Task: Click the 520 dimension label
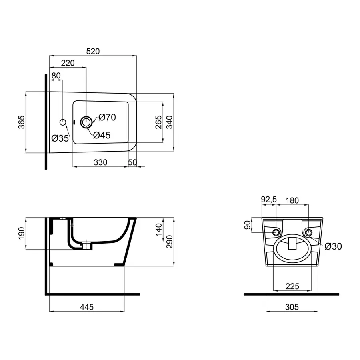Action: click(x=93, y=51)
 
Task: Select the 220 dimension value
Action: click(x=68, y=63)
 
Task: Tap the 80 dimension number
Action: click(x=56, y=76)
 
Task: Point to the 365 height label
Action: click(x=22, y=122)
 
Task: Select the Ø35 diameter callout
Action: click(x=60, y=138)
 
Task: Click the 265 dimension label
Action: click(x=158, y=122)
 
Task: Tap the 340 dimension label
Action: click(x=169, y=122)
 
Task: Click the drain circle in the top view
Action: click(x=86, y=122)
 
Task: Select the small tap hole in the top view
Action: click(x=63, y=122)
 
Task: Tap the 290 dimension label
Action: click(x=169, y=241)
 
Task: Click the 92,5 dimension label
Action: click(x=268, y=200)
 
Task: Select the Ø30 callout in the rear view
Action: click(x=333, y=246)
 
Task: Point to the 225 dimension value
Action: click(x=292, y=286)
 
